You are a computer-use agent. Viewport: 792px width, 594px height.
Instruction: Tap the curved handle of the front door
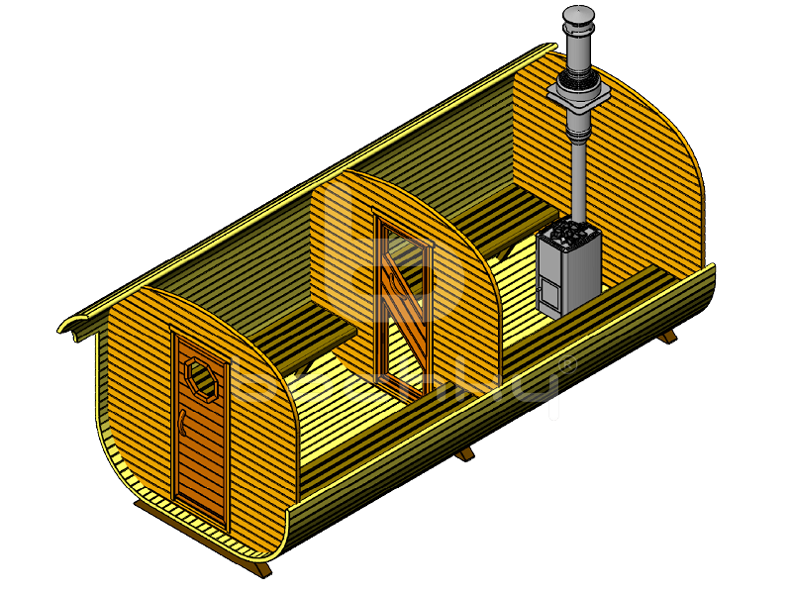(x=186, y=424)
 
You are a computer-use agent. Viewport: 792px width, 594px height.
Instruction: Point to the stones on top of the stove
(x=570, y=236)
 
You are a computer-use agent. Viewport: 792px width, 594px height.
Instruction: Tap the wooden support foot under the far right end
(x=669, y=336)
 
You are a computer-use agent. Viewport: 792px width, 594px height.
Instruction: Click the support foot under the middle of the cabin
(x=463, y=453)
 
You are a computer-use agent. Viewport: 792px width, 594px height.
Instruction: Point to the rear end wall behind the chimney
(x=634, y=158)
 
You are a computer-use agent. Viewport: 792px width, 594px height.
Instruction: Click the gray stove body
(x=570, y=277)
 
